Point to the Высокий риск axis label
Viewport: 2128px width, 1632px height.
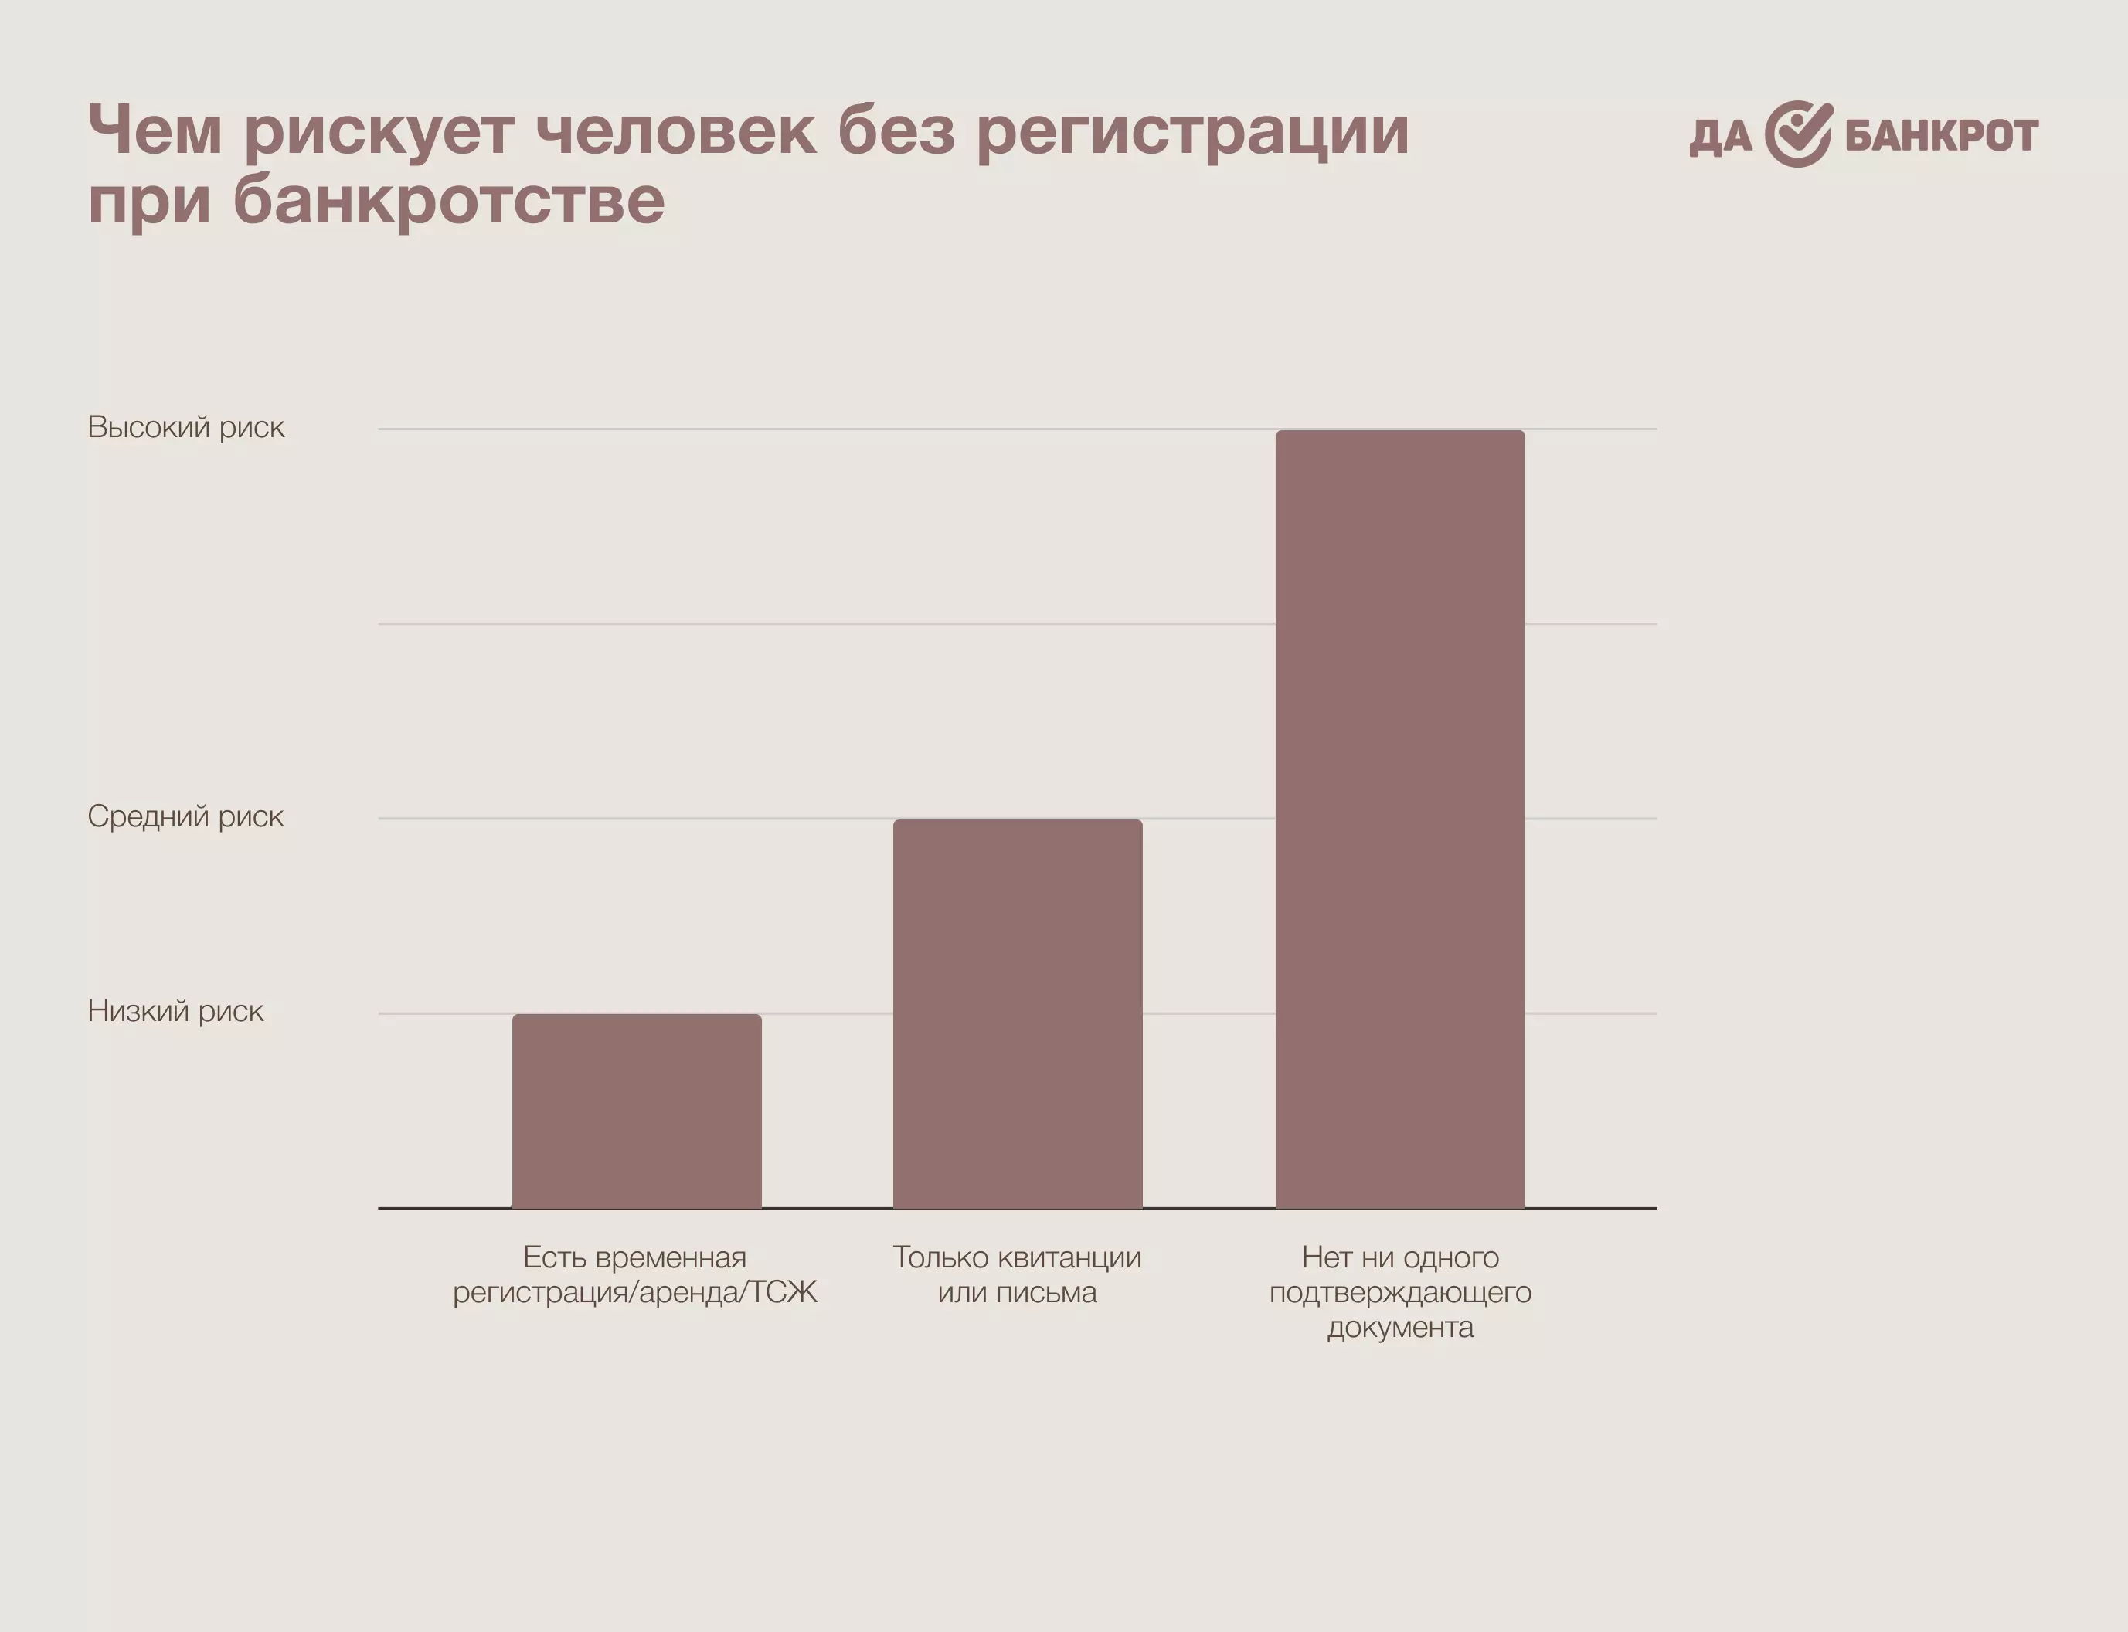coord(185,427)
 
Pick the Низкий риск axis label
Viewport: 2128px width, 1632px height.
coord(175,1011)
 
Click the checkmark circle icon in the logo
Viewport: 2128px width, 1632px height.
coord(1797,134)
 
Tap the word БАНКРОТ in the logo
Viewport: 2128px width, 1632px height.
coord(1940,135)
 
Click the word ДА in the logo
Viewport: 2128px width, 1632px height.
coord(1720,137)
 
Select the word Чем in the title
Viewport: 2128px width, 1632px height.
coord(155,131)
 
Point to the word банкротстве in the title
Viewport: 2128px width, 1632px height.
coord(449,201)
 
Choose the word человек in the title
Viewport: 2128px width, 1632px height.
coord(676,131)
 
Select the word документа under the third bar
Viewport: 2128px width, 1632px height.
coord(1399,1327)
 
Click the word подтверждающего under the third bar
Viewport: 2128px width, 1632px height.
coord(1399,1293)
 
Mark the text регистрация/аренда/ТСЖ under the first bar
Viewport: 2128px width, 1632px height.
coord(634,1293)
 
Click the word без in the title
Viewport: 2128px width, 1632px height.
coord(896,131)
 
